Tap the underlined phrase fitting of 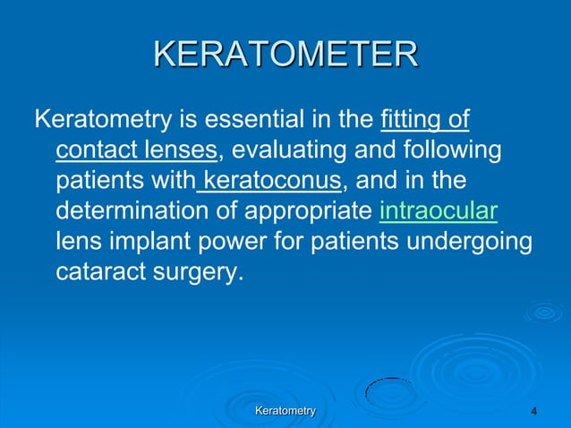pyautogui.click(x=426, y=119)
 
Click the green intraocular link pyautogui.click(x=439, y=210)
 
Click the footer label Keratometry pyautogui.click(x=285, y=410)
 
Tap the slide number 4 pyautogui.click(x=534, y=411)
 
